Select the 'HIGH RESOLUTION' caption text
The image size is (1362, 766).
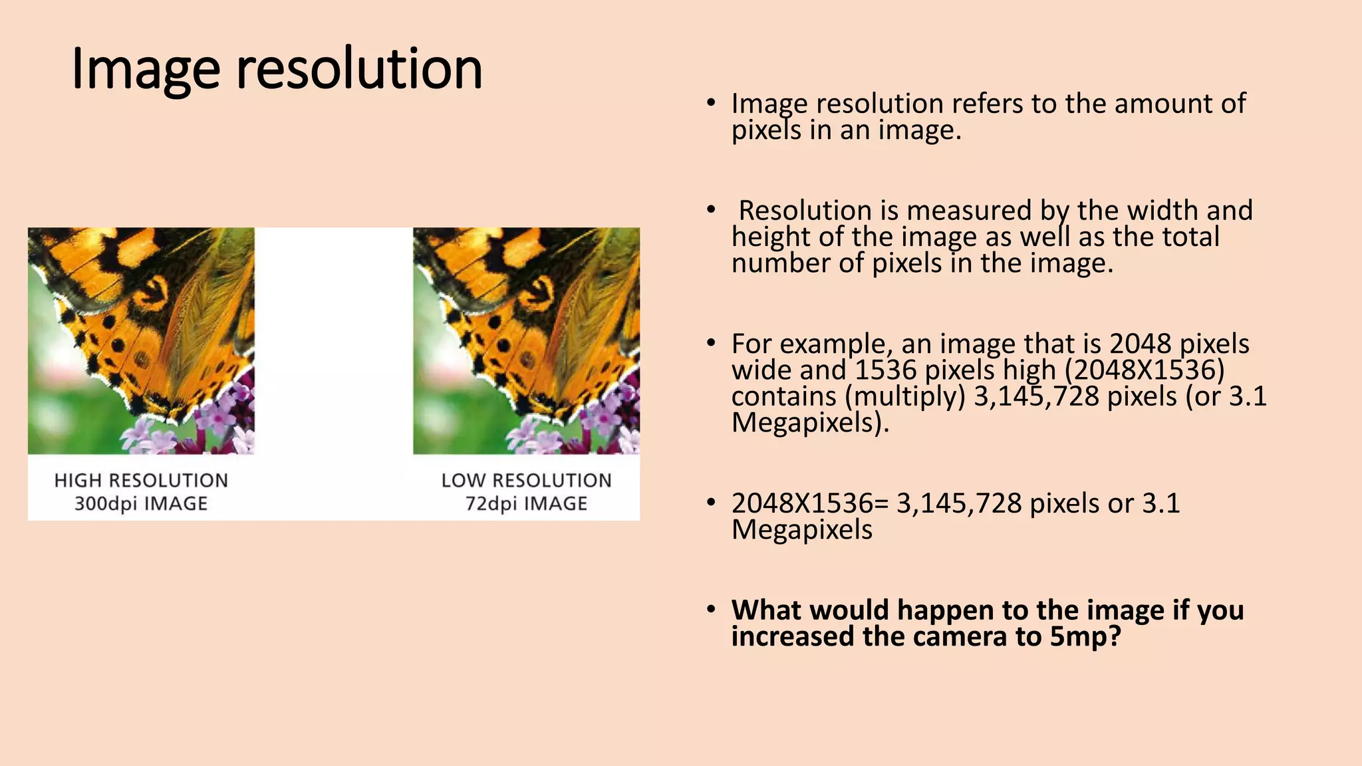(141, 480)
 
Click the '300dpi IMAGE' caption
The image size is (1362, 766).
(141, 503)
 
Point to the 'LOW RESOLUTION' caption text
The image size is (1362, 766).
(526, 480)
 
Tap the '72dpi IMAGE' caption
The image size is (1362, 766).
(526, 503)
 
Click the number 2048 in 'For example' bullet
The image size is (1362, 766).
(1140, 344)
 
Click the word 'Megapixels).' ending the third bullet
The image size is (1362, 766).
(810, 423)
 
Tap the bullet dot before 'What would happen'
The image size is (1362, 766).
(711, 609)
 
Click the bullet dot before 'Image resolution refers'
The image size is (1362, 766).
(711, 103)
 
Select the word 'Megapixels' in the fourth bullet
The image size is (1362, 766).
(802, 530)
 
